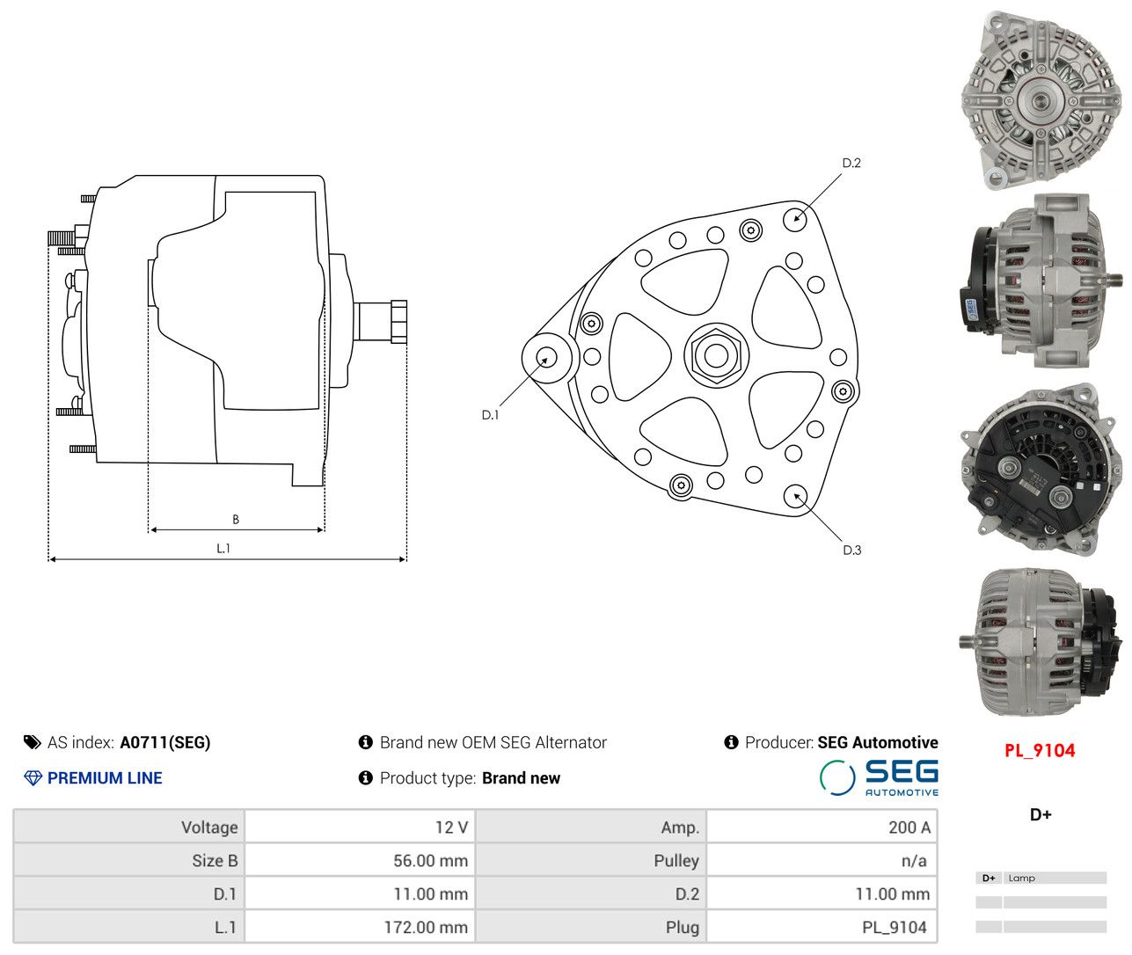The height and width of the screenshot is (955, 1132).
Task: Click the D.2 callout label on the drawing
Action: [851, 163]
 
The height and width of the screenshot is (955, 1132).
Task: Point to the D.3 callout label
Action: [851, 550]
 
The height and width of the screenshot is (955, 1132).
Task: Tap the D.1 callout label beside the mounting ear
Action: [490, 415]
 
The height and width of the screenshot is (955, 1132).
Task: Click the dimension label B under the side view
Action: [236, 519]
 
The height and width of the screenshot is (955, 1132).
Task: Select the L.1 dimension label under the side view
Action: [223, 549]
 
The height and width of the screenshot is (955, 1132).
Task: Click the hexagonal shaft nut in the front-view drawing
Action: [716, 356]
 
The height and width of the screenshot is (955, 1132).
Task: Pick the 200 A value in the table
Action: [909, 827]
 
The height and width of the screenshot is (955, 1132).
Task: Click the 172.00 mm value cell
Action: [426, 928]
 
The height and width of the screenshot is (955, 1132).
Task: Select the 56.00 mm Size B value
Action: [430, 861]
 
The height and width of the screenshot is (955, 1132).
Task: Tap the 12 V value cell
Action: [451, 827]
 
